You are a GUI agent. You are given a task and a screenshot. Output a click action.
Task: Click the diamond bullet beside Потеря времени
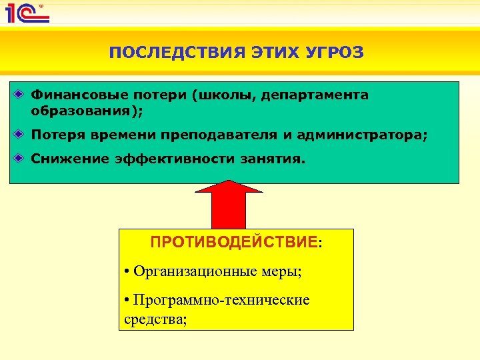click(21, 135)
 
